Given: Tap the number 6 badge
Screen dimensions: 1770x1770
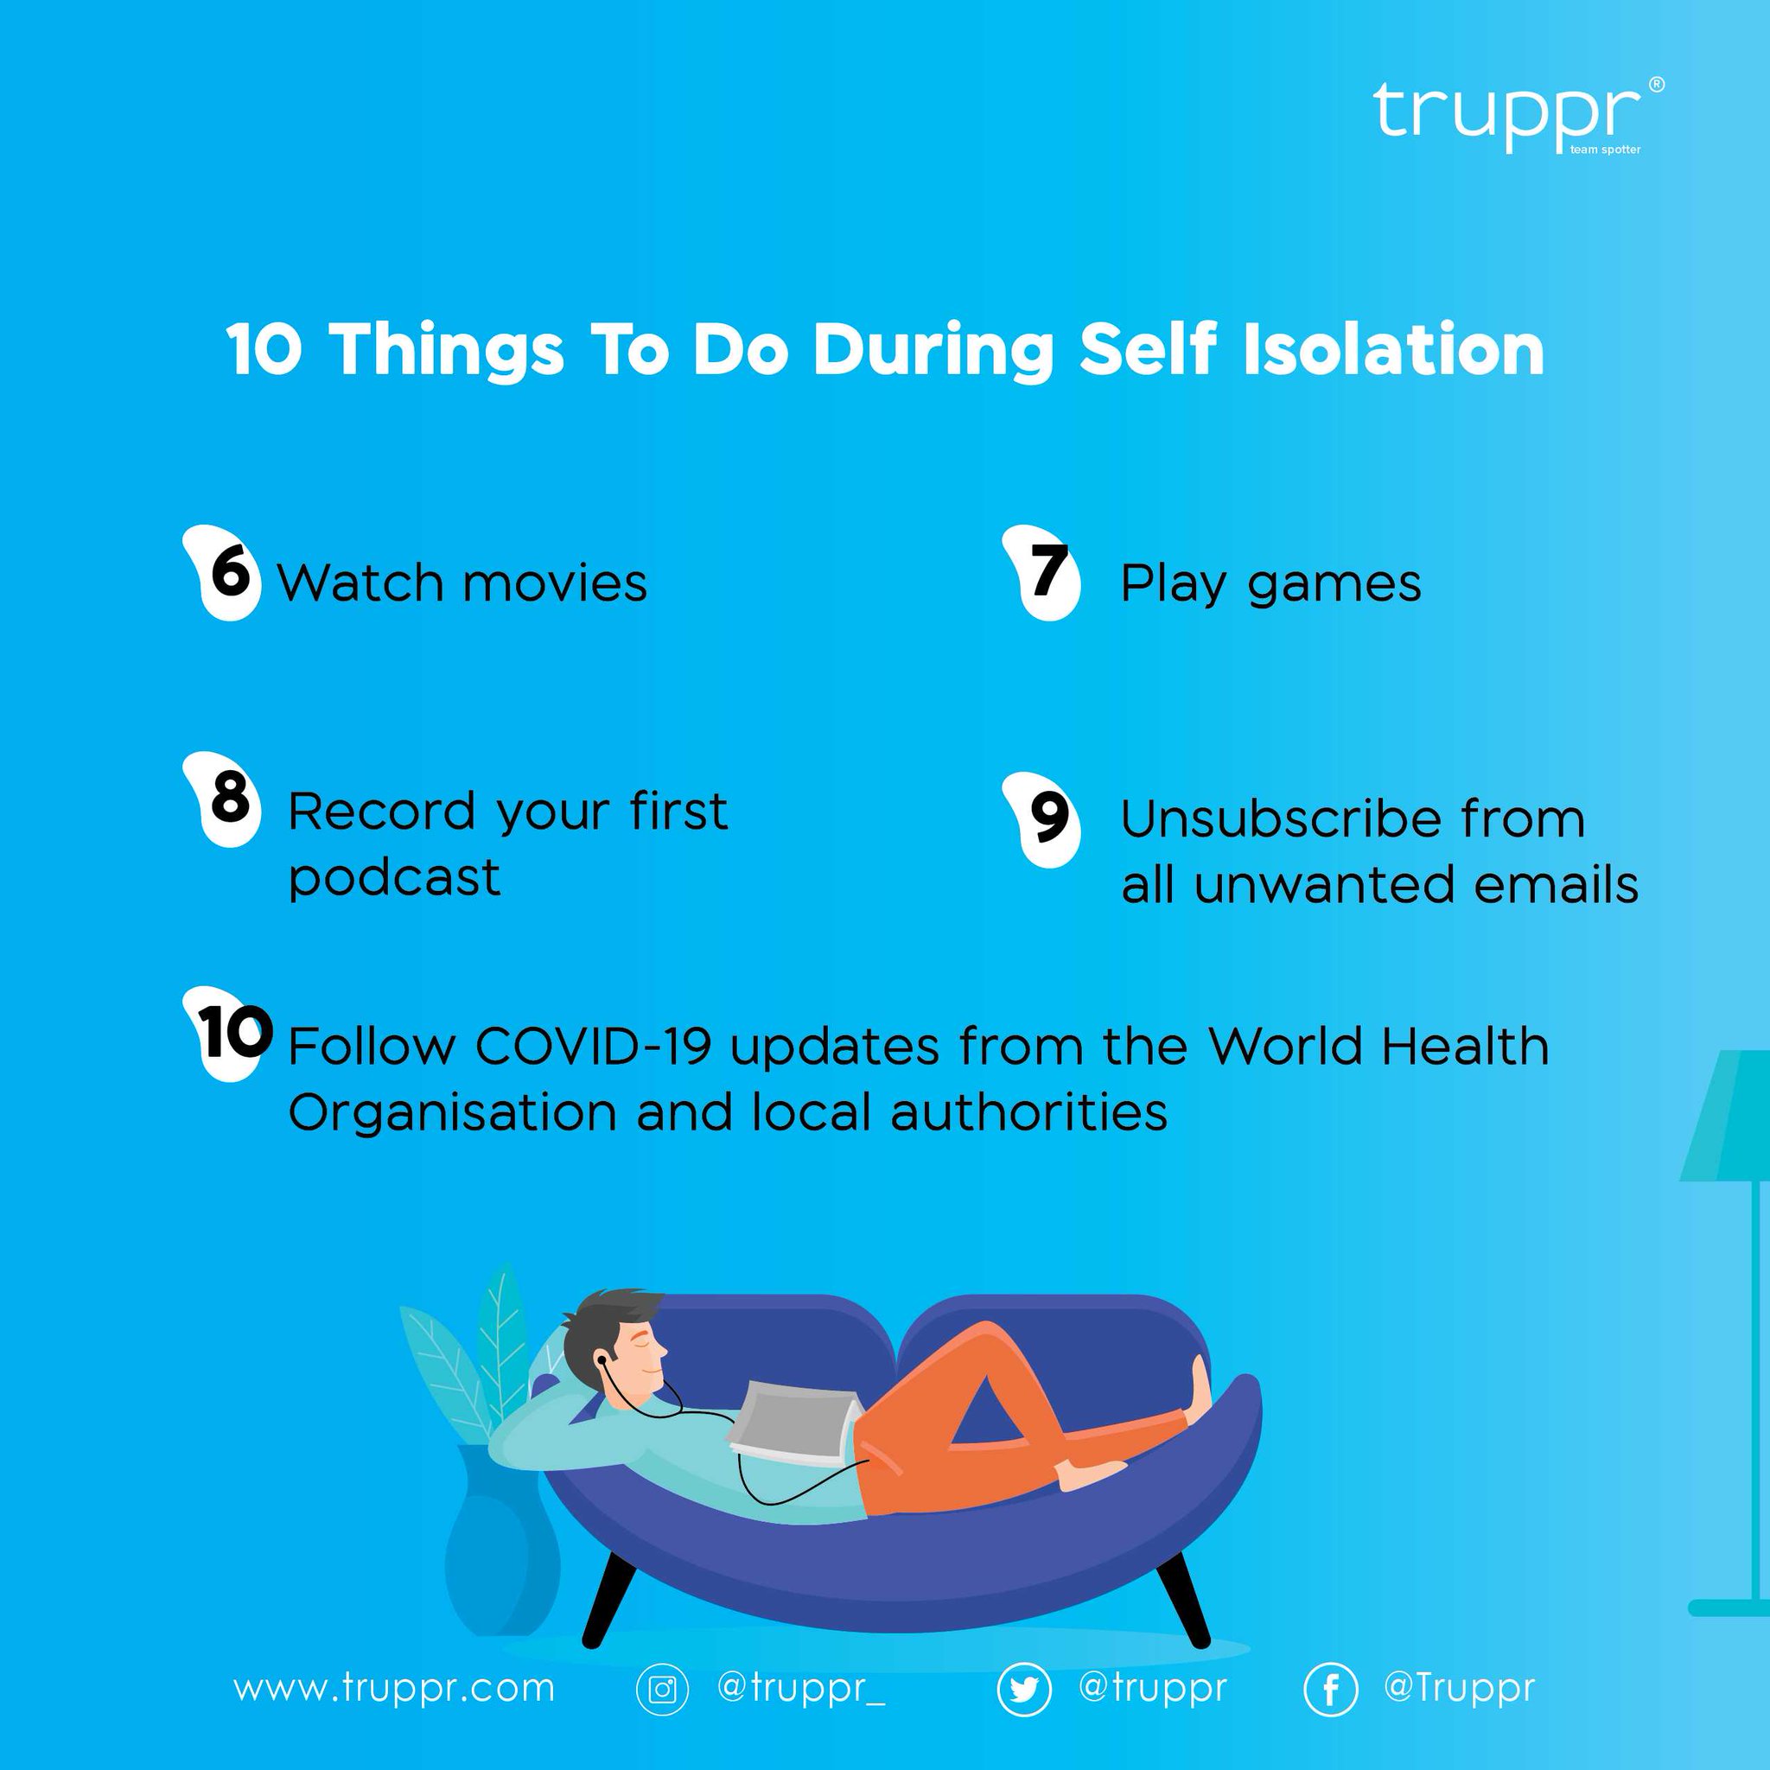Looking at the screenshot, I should click(x=226, y=573).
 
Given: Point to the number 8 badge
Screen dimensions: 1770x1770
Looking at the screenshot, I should click(x=227, y=799).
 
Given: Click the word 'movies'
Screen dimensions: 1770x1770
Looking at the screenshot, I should click(x=555, y=583).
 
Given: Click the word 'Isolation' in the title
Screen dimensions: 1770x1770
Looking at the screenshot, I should click(x=1392, y=350).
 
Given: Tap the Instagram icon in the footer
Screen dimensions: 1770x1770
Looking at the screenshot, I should click(x=661, y=1689).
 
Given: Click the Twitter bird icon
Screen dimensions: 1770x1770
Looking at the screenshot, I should click(x=1023, y=1689).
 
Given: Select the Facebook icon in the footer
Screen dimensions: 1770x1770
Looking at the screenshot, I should click(x=1330, y=1689).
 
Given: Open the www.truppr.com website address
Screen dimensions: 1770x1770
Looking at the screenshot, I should click(x=394, y=1688).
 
